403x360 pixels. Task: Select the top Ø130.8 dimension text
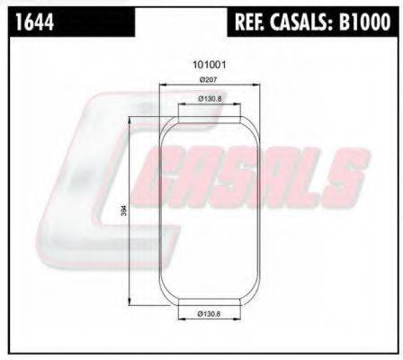210,99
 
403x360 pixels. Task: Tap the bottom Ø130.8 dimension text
210,313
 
